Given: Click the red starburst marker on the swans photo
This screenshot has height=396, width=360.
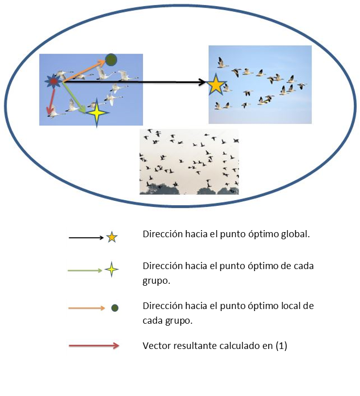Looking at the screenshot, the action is pos(53,81).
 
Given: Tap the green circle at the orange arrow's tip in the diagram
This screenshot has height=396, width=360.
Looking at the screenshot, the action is pos(111,60).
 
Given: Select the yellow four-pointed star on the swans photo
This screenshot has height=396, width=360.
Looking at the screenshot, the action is pos(97,113).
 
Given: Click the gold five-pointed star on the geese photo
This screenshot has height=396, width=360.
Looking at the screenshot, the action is pos(216,84).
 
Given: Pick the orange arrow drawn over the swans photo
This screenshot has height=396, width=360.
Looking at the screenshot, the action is pos(83,70).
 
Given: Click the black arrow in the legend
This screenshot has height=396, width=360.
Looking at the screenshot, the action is pos(86,237).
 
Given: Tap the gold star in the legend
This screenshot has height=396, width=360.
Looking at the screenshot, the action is pos(112,237).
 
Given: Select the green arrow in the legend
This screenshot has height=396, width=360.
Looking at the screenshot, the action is pos(85,270).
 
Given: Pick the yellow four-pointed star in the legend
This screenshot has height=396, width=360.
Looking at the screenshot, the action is pos(111,270).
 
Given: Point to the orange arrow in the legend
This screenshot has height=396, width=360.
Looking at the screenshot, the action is pos(86,308).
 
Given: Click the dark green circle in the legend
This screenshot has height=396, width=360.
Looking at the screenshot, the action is pos(115,308).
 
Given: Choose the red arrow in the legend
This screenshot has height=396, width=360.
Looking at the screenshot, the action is pos(94,346).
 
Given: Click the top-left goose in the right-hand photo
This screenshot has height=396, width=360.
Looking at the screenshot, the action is pos(221,63).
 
